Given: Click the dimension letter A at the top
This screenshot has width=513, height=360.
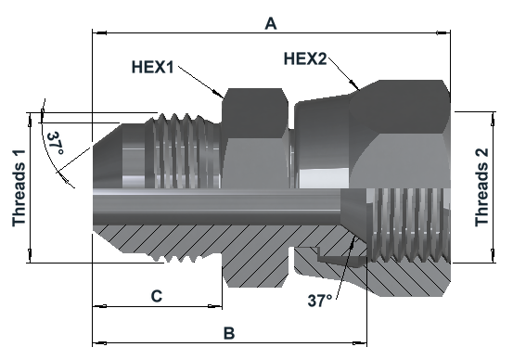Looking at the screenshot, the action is [271, 23].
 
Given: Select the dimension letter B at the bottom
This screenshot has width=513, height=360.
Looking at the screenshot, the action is [229, 333].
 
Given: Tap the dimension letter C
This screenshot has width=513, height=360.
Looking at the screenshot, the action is [157, 296].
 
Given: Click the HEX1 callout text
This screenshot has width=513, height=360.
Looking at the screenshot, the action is [152, 67].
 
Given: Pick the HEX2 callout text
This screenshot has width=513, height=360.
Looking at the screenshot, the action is [305, 58].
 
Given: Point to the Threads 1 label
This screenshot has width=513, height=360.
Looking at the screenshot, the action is [19, 187].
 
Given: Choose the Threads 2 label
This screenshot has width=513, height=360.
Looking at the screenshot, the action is [481, 187].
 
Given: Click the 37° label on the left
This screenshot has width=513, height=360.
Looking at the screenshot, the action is [55, 143].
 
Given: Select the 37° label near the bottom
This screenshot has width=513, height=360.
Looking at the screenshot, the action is [320, 300].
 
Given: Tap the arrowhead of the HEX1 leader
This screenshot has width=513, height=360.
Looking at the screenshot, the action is [219, 95].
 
